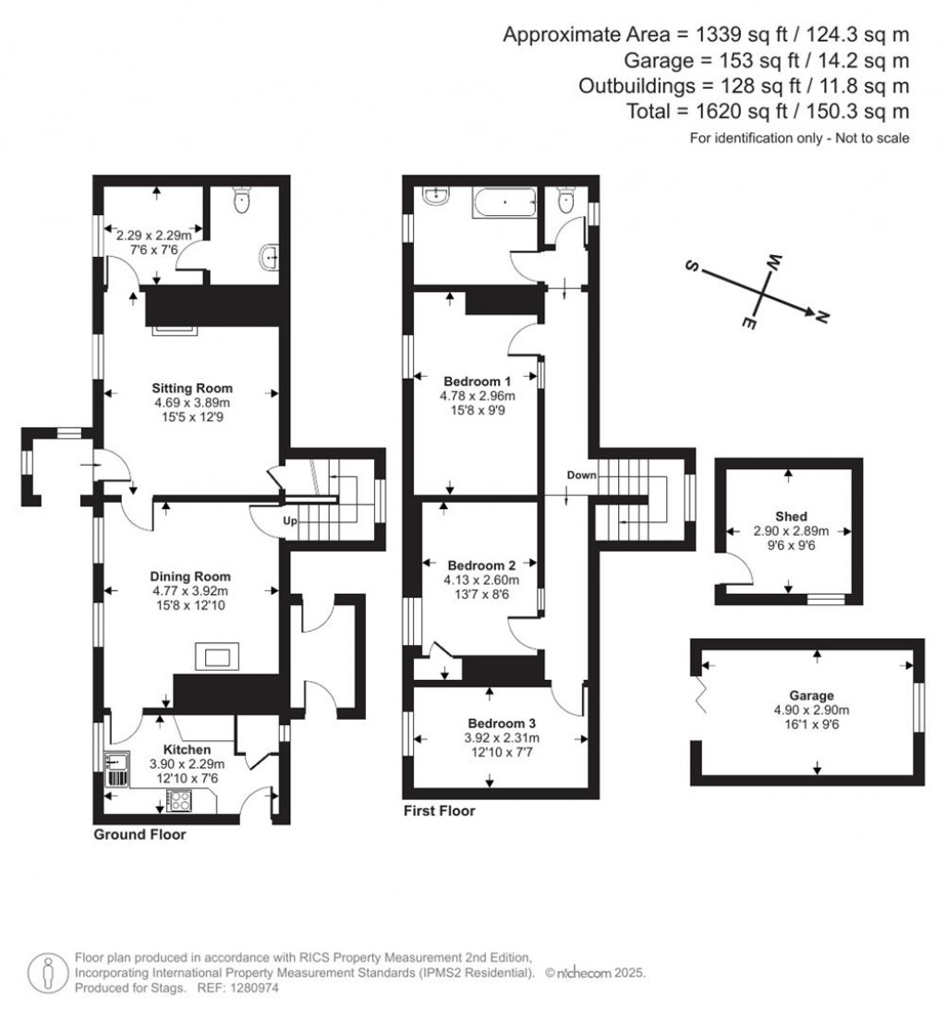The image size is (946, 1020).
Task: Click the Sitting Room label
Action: (193, 388)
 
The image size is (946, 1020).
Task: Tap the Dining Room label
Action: (193, 577)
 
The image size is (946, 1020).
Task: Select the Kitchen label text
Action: (188, 749)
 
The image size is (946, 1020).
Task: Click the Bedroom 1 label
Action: (477, 382)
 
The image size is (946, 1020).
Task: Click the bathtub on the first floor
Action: (504, 202)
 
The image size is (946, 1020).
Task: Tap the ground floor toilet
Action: (243, 200)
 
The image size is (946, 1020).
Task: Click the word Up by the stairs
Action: (289, 521)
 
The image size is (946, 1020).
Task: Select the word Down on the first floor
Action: (582, 475)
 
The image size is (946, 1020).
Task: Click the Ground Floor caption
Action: (139, 834)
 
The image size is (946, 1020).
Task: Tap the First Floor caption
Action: (440, 811)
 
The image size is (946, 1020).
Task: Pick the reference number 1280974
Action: (251, 988)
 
